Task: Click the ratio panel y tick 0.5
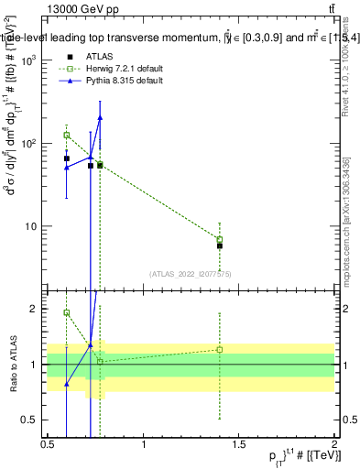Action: tap(30, 420)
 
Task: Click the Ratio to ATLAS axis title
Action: tap(12, 365)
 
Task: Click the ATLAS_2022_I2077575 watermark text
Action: tap(191, 274)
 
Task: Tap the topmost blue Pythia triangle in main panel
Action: tap(100, 117)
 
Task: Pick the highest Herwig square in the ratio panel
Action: tap(67, 312)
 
